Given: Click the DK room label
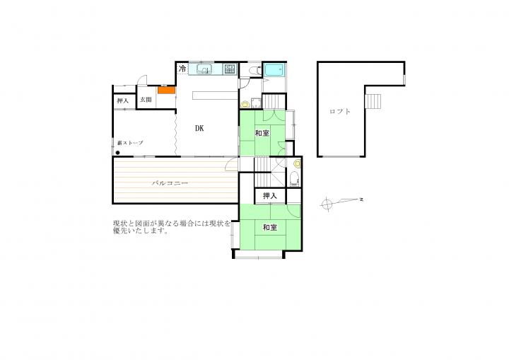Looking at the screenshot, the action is [199, 128].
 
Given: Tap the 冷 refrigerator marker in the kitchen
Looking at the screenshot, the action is [183, 69].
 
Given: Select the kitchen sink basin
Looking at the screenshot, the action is [204, 69].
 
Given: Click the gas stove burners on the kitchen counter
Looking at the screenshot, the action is [230, 69].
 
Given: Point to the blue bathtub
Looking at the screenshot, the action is [274, 69].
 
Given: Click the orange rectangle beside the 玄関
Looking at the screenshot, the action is [167, 90].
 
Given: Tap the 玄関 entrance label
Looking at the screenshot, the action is [146, 100].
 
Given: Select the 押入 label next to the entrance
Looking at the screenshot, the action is [122, 100].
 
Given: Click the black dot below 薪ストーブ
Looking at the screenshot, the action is [117, 153].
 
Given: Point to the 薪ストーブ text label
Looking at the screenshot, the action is [130, 143].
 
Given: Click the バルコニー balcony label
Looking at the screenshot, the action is [170, 183].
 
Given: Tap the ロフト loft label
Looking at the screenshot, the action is [340, 112].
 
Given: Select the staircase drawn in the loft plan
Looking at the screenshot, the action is [373, 100].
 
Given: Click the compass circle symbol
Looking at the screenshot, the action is [327, 204].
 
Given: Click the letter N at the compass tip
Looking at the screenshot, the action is [361, 199].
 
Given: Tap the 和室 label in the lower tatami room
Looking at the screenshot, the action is [270, 228].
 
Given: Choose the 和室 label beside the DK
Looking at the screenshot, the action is [262, 133].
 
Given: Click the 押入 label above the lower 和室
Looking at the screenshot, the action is [270, 196].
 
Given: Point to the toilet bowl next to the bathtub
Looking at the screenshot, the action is [255, 70].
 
